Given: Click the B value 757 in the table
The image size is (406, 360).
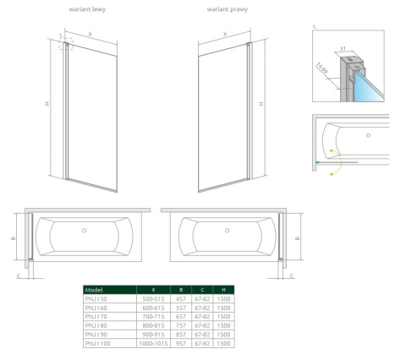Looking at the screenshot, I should click(180, 325).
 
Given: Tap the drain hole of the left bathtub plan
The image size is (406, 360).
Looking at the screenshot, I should click(84, 231).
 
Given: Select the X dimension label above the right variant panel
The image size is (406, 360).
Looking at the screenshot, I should click(225, 35).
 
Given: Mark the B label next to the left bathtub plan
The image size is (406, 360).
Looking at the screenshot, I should click(14, 238).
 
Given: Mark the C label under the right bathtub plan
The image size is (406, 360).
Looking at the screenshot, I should click(292, 275).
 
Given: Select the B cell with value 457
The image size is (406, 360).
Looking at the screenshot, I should click(180, 298).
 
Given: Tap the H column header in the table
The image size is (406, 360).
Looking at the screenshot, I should click(222, 289).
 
